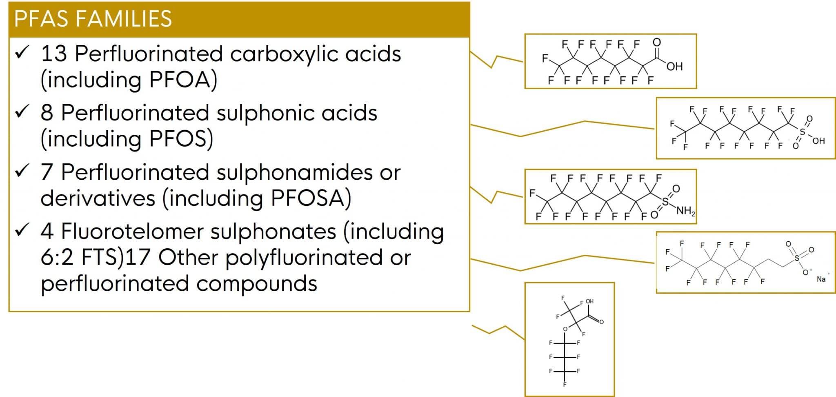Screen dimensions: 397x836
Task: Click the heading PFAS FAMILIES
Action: tap(93, 19)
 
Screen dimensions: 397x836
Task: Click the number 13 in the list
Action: tap(53, 54)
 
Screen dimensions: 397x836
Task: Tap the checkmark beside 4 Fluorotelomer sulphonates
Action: tap(22, 230)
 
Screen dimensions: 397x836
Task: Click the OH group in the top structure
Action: tap(674, 66)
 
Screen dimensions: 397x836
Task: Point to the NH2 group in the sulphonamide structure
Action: tap(685, 211)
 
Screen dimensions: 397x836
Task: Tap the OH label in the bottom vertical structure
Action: tap(590, 301)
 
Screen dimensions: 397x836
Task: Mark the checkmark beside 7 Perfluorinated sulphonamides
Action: tap(22, 171)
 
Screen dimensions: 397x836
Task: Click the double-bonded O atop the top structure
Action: tap(656, 42)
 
